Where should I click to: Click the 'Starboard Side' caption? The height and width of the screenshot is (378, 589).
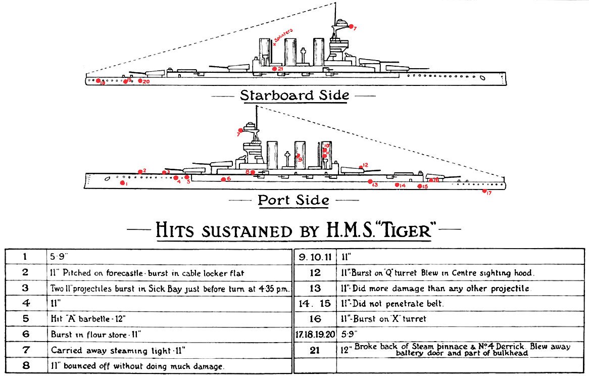[294, 95]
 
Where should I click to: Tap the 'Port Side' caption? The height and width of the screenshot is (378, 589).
[293, 200]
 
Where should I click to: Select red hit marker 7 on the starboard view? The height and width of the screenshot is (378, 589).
[352, 26]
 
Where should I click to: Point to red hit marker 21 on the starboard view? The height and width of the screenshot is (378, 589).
[274, 69]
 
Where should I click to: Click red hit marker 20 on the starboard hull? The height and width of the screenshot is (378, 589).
[140, 80]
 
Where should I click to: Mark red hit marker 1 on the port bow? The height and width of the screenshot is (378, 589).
[122, 183]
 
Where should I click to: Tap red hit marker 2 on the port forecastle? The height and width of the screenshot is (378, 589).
[140, 172]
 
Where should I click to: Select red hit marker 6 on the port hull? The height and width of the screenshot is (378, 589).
[223, 179]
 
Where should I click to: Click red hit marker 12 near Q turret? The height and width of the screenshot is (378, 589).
[360, 166]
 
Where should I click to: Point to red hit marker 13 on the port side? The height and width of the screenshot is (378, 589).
[370, 181]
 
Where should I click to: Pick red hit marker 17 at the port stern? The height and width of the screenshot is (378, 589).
[484, 191]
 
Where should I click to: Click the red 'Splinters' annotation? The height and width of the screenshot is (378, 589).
[283, 37]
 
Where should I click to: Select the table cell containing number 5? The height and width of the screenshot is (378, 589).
[25, 319]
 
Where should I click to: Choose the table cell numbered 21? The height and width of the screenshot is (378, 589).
[315, 350]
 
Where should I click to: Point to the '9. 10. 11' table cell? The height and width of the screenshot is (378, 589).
[315, 257]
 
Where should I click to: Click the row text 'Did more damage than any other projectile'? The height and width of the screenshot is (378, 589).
[437, 288]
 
